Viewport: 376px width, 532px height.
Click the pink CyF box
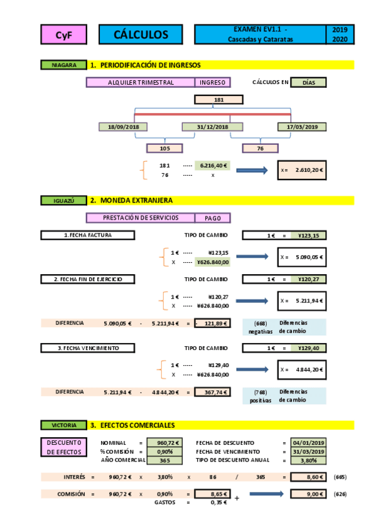63,35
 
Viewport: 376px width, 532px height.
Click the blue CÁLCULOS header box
141,35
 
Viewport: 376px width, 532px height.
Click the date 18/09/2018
123,127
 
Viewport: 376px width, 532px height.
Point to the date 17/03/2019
302,127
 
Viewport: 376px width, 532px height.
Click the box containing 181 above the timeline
218,100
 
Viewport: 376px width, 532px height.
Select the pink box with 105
164,149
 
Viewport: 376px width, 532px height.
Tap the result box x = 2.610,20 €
303,170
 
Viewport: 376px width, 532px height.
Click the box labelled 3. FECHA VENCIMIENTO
88,348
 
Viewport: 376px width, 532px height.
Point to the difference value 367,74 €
212,391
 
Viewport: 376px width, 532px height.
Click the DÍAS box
309,82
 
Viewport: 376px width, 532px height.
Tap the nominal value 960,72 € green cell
164,443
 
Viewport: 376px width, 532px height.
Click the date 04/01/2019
308,443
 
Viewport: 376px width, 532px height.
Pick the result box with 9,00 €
308,494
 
